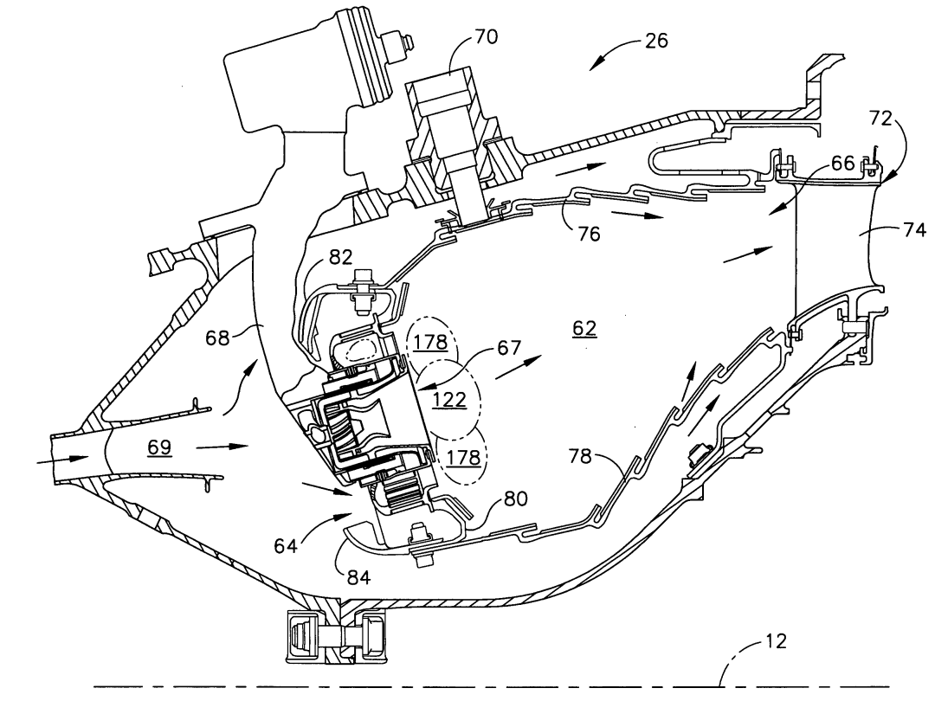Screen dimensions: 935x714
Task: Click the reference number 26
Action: click(656, 42)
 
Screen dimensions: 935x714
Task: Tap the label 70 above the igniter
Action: click(486, 36)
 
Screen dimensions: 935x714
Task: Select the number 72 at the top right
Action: click(880, 119)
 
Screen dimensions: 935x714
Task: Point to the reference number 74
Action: click(914, 229)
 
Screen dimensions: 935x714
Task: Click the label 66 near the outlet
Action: click(842, 164)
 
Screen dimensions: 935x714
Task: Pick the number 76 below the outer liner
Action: click(588, 234)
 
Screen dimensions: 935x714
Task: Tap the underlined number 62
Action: click(584, 328)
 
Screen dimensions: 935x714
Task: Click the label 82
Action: click(340, 257)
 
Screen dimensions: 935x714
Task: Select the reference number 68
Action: click(217, 338)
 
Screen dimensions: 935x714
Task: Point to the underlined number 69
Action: click(159, 447)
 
